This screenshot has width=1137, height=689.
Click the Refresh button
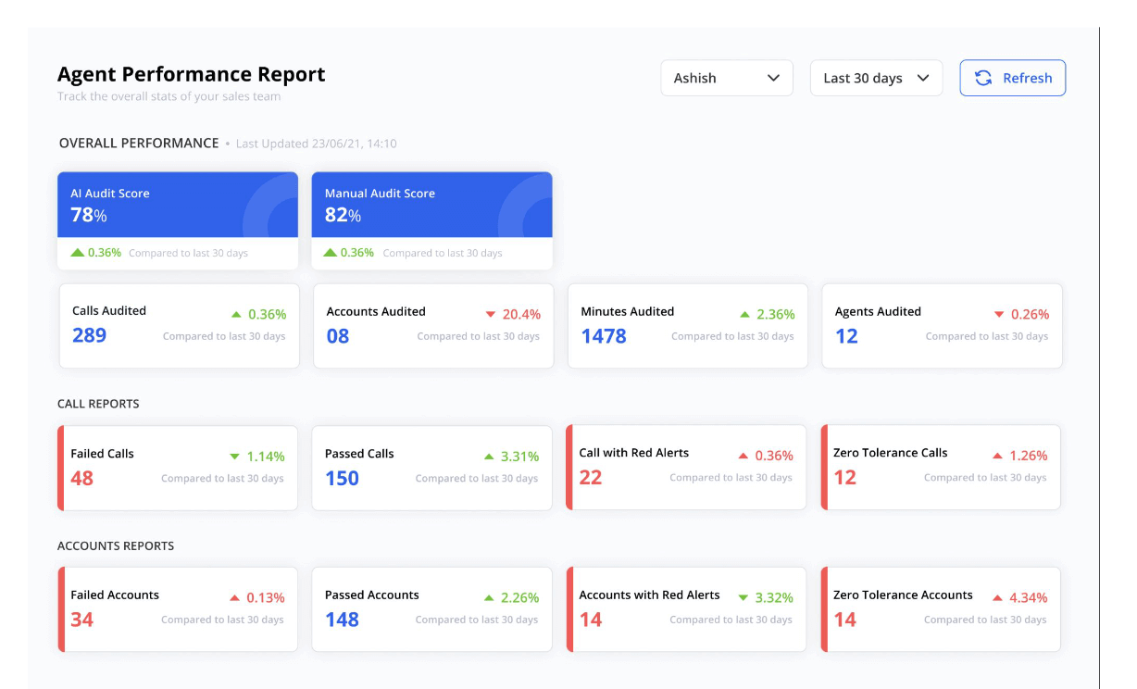coord(1012,79)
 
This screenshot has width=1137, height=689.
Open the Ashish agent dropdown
coord(726,79)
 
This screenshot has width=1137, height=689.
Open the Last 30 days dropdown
coord(876,79)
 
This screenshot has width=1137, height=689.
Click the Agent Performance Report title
coord(192,74)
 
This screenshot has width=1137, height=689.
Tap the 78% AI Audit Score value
coord(89,215)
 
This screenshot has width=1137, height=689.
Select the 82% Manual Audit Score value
coord(343,215)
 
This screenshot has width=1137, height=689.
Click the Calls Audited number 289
coord(89,335)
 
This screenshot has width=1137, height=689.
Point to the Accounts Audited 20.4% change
coord(521,315)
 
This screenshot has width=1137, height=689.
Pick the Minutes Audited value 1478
coord(604,336)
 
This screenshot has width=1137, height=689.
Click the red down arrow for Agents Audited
coord(998,315)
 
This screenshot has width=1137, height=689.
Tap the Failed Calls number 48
coord(82,478)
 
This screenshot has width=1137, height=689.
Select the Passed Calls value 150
coord(342,478)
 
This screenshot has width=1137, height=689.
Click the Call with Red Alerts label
coord(633,453)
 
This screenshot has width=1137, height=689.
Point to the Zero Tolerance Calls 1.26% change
coord(1029,456)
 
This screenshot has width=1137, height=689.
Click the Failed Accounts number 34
coord(82,620)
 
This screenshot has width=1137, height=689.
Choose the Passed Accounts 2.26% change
coord(519,597)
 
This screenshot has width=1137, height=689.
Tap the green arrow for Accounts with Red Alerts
coord(743,597)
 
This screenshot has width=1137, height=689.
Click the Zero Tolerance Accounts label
coord(903,595)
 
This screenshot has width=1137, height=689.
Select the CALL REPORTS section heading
coord(98,404)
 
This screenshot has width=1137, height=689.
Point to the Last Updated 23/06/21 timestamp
coord(316,144)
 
